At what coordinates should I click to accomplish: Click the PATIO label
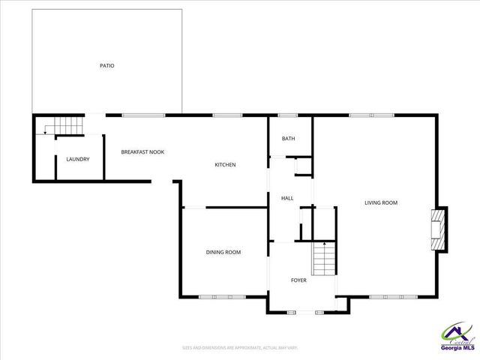107,66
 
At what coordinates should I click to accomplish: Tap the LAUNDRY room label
78,159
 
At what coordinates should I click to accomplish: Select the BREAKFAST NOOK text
142,152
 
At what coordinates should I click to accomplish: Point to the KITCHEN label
225,165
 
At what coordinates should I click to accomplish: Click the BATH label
288,139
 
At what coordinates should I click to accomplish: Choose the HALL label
286,198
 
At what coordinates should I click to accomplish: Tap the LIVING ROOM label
380,202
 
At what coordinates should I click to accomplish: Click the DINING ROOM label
223,252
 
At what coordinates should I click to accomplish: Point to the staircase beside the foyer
323,259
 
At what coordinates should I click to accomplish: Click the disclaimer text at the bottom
240,347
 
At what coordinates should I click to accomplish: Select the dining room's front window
222,297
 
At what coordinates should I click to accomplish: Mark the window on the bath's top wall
288,115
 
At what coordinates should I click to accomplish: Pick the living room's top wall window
371,115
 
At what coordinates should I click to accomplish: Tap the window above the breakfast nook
143,115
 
